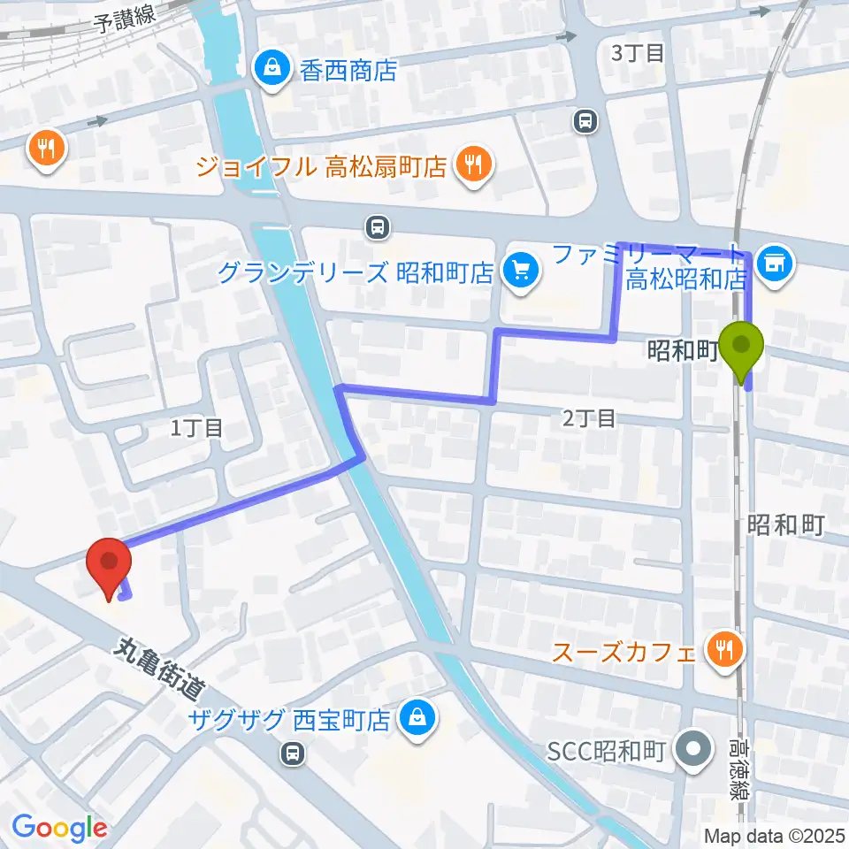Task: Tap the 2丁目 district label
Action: tap(588, 417)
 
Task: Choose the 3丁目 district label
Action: tap(638, 53)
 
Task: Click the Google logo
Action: tap(59, 828)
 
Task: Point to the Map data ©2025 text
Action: tap(773, 834)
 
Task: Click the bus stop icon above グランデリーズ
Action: tap(378, 228)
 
